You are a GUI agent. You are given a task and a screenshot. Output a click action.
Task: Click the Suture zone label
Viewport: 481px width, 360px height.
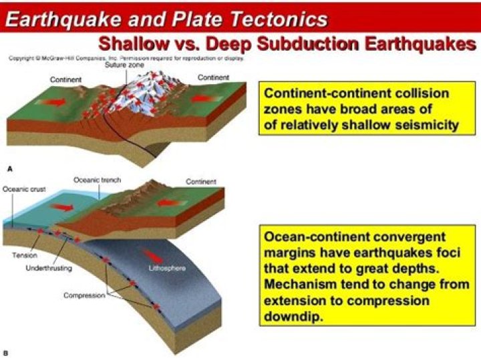(x=121, y=65)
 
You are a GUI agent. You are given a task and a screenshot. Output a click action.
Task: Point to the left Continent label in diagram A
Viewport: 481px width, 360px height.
(x=66, y=79)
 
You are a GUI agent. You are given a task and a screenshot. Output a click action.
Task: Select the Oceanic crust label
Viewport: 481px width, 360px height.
(x=23, y=188)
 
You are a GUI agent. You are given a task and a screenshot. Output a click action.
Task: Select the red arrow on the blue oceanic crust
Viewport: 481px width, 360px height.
(x=63, y=206)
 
